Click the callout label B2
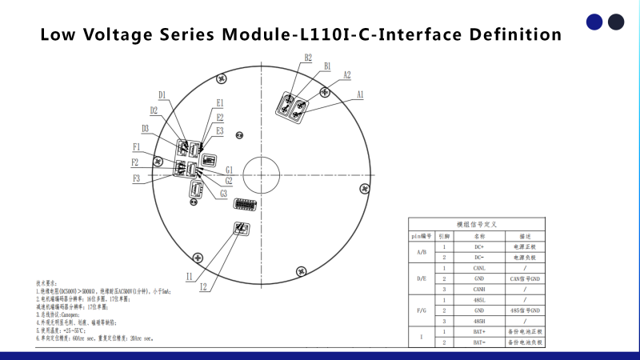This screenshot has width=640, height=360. pos(308,58)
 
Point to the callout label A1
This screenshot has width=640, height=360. pos(360,94)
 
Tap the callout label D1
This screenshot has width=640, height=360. pos(162,95)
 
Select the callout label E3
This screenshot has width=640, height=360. pos(219,130)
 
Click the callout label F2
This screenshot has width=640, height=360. pos(136,162)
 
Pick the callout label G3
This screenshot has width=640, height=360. pos(223,194)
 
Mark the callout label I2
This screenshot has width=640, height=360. pos(203,286)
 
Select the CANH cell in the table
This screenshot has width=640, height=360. pos(479,289)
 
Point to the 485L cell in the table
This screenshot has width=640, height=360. pos(479,299)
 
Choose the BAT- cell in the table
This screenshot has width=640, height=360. pos(479,342)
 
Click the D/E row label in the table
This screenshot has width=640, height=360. pos(422,278)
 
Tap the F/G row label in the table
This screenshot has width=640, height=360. pos(422,310)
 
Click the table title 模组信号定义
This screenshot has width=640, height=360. pos(476,225)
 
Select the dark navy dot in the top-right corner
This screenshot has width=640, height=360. pos(616,22)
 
